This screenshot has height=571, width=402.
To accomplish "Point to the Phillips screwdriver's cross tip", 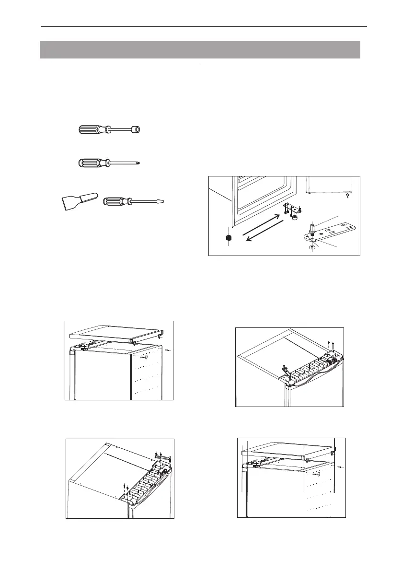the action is pyautogui.click(x=142, y=163).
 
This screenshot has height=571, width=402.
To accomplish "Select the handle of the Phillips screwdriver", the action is pyautogui.click(x=92, y=163).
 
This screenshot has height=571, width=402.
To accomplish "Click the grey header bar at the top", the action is pyautogui.click(x=200, y=49).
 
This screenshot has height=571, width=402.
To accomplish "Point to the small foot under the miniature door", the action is pyautogui.click(x=348, y=196).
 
